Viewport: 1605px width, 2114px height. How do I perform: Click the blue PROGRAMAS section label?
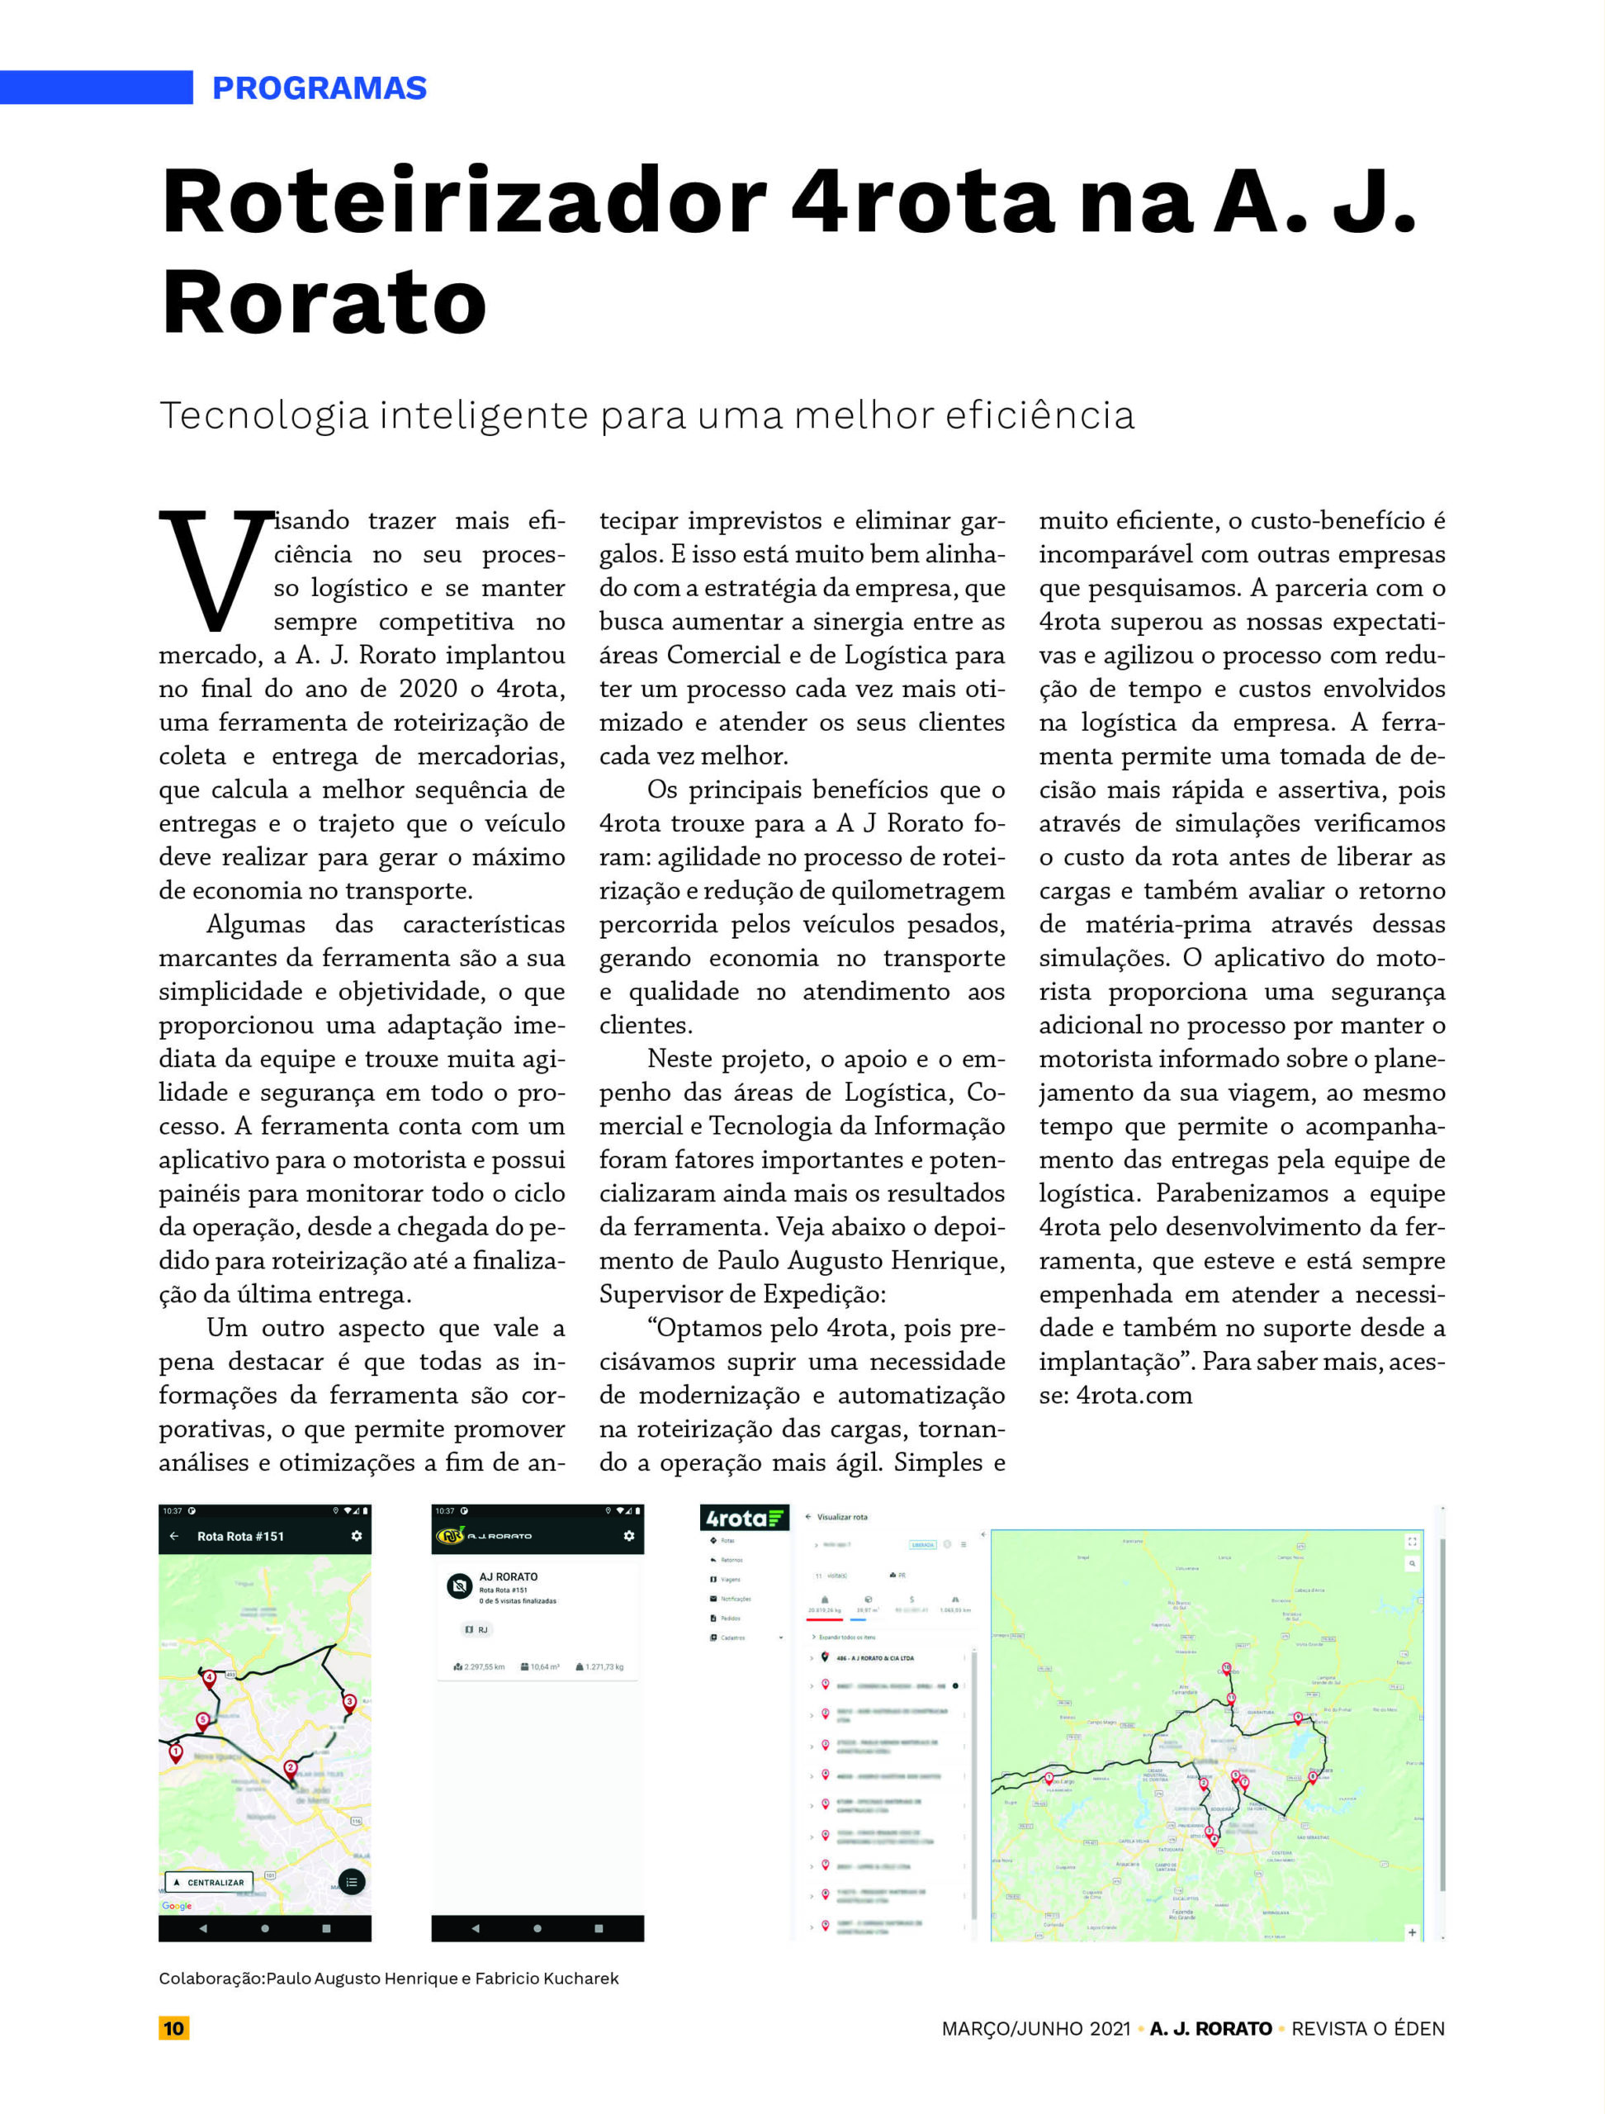point(319,88)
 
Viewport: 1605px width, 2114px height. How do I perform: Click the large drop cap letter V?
point(212,571)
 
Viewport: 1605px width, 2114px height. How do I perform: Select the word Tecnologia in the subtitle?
point(263,415)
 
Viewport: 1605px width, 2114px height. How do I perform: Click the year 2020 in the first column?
point(428,688)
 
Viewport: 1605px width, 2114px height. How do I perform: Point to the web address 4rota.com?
point(1134,1396)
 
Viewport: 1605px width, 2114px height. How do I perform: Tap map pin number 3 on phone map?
point(350,1701)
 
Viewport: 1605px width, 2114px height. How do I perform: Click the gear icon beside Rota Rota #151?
point(357,1537)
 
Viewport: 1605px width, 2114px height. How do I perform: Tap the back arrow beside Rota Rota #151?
point(174,1537)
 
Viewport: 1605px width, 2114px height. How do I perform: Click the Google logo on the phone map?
point(177,1906)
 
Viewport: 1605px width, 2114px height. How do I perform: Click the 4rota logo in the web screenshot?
point(743,1519)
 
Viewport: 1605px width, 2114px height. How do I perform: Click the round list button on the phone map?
point(352,1882)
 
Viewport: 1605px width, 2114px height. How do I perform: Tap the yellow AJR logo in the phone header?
point(450,1536)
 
